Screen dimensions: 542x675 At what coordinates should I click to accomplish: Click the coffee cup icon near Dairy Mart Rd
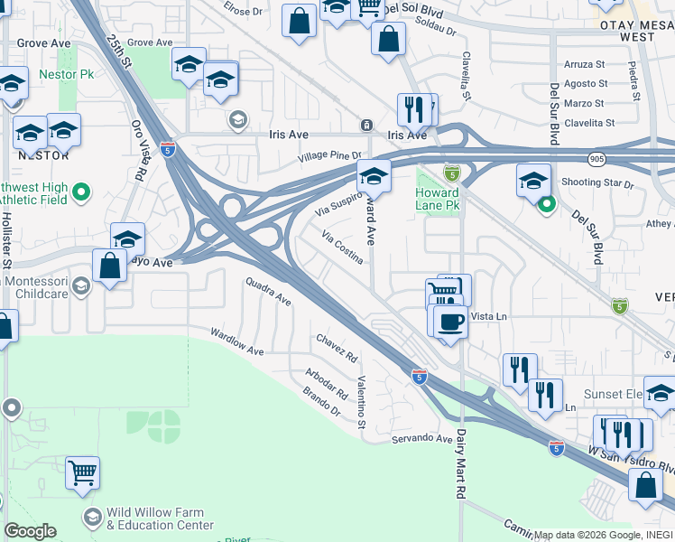coord(450,321)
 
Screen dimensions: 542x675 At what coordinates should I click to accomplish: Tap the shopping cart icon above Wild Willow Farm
coord(82,472)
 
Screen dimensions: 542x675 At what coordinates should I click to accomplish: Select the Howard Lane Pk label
coord(439,199)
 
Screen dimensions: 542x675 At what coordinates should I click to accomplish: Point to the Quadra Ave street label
coord(269,292)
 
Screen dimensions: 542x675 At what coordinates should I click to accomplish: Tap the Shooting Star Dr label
coord(598,183)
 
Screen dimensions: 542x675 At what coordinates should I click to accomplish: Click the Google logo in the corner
coord(29,531)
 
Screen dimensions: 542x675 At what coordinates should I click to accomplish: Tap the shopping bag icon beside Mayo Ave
coord(109,266)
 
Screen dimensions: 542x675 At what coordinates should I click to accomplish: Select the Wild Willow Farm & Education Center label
coord(160,519)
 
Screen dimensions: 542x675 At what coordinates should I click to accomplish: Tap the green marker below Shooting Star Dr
coord(546,205)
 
